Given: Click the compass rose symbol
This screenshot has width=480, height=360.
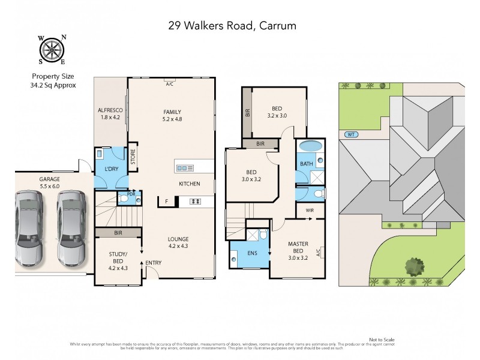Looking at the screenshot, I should tap(52, 49).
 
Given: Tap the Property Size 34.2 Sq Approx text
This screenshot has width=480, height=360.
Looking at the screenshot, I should tap(53, 81).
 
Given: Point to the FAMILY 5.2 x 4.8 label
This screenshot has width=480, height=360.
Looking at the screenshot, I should tap(172, 115).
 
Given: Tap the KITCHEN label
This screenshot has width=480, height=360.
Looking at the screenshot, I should tap(189, 184).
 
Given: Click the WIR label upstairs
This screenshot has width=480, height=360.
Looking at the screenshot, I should tap(310, 211).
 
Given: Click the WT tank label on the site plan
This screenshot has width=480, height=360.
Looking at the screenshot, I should tap(351, 134).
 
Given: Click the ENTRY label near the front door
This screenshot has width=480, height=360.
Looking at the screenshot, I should tap(153, 263).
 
